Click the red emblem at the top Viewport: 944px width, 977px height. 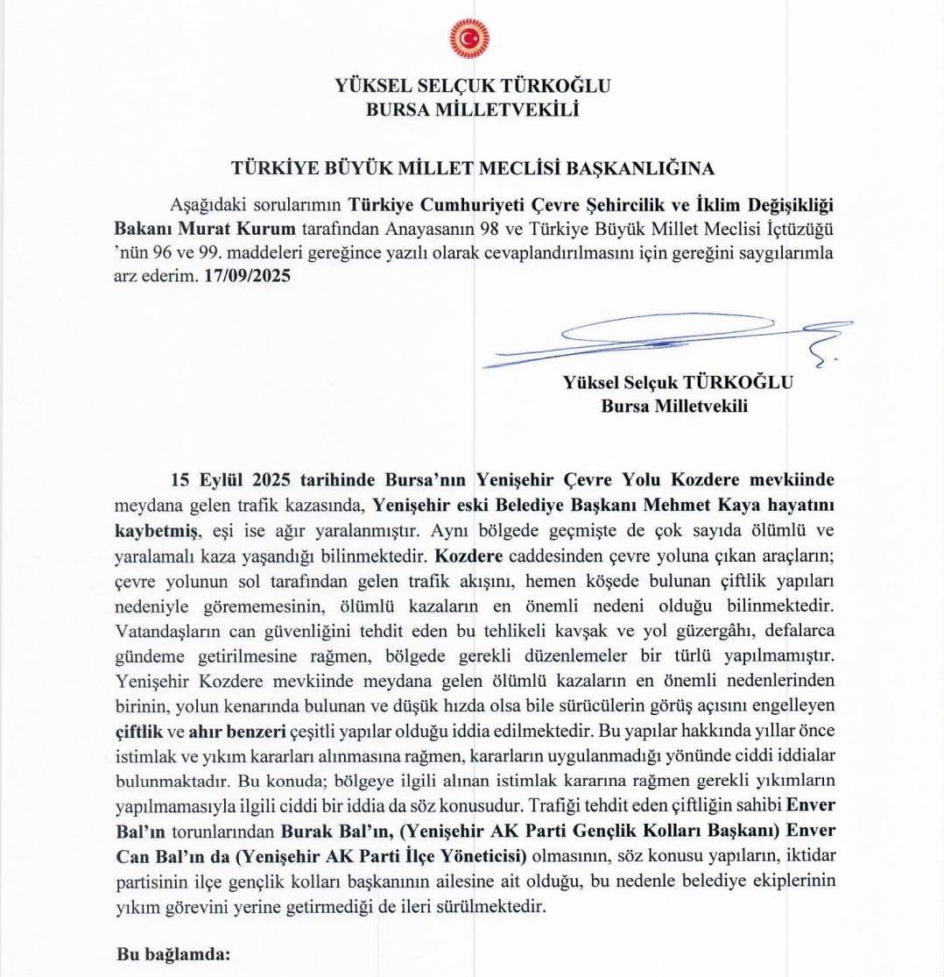(469, 39)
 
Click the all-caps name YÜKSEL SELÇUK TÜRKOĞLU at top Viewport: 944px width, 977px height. (472, 86)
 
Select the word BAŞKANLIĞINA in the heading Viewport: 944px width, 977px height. (643, 167)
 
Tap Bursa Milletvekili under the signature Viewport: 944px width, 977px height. (674, 406)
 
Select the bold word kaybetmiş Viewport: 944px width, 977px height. (158, 530)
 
